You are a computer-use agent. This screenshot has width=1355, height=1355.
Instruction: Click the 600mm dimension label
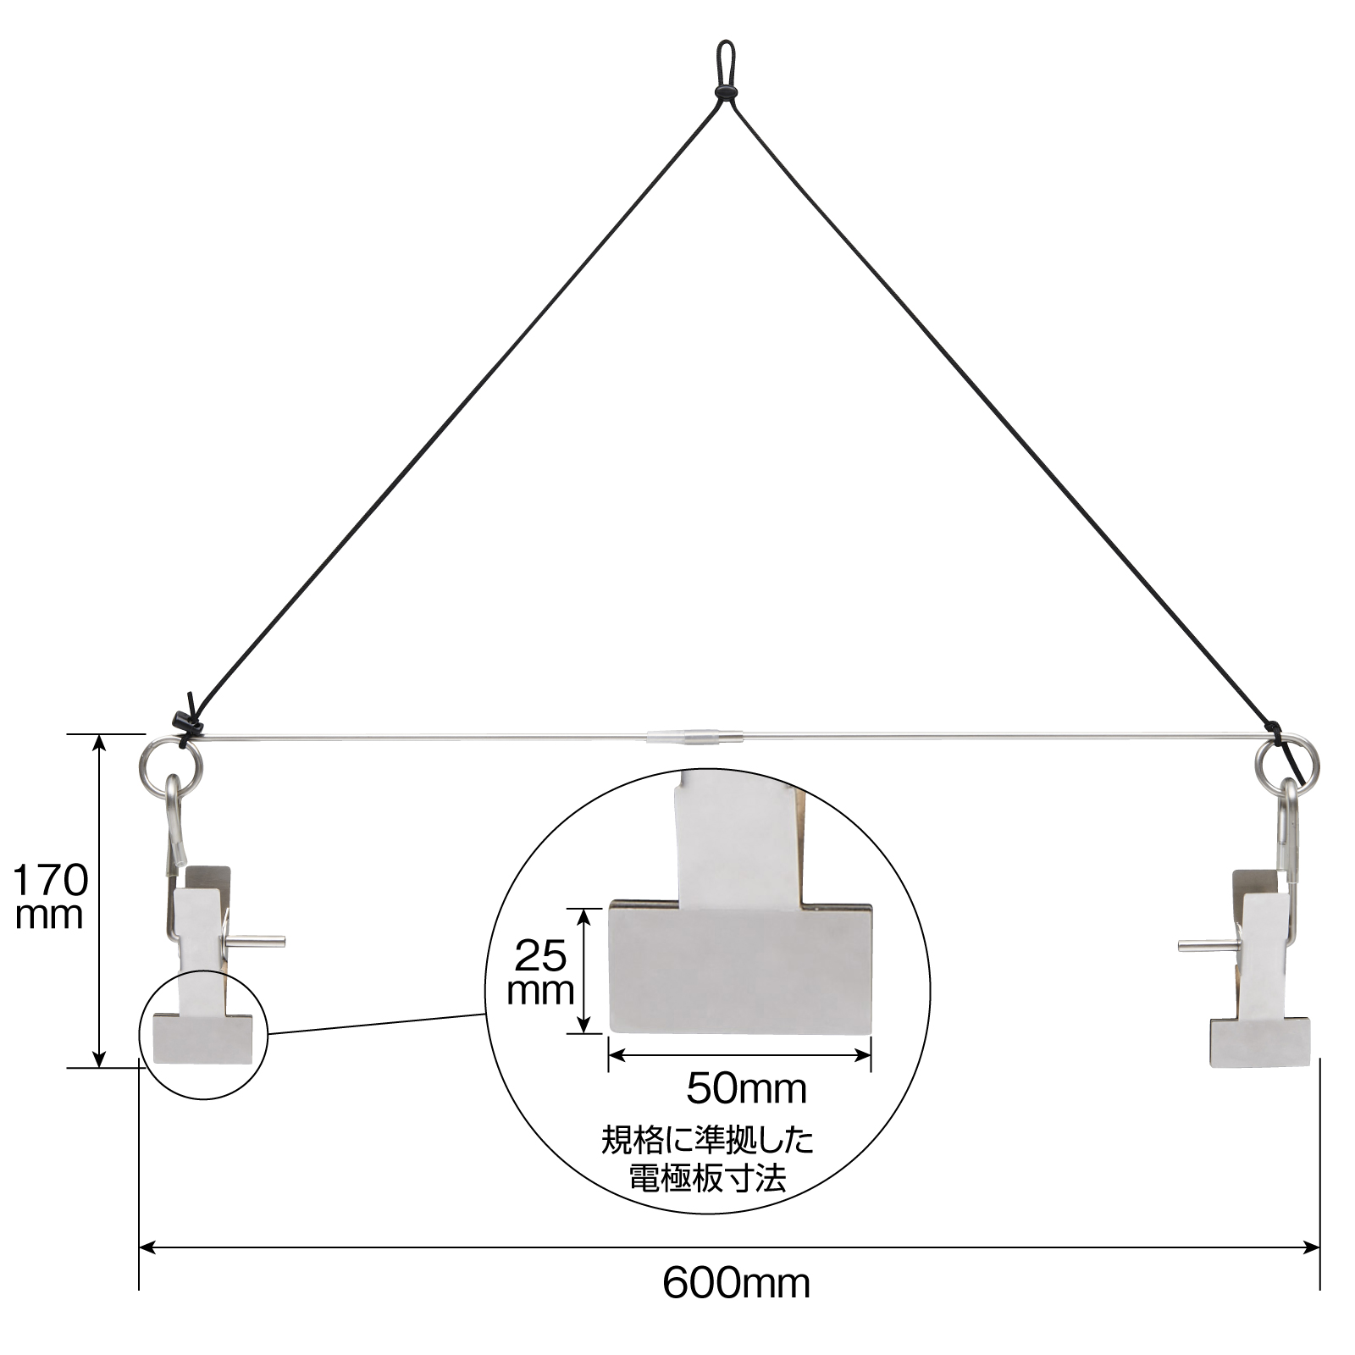point(736,1284)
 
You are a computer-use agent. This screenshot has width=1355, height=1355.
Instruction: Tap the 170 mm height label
point(49,897)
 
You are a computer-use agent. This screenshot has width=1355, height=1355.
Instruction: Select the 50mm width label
point(746,1088)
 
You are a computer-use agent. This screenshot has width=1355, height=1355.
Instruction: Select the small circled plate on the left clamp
point(203,1039)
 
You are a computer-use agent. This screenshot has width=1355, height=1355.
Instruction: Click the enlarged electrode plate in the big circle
point(740,967)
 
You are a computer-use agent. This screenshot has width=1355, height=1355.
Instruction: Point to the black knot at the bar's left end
point(186,722)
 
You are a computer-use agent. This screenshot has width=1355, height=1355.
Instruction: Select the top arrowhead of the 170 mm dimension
point(100,743)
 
